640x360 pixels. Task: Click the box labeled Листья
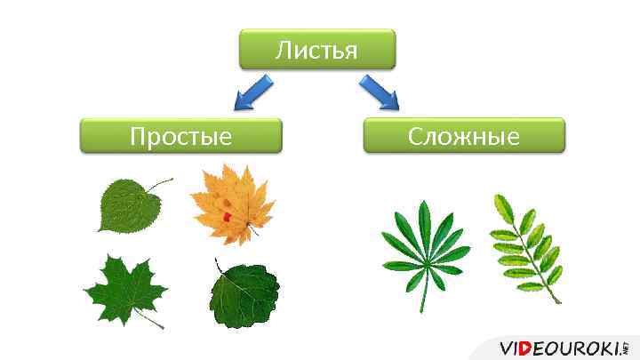[x=316, y=50]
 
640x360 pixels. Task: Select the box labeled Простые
[x=180, y=137]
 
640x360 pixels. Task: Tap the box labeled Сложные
[x=463, y=137]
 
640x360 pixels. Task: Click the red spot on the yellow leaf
[x=227, y=216]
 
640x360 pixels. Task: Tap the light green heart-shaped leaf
[x=124, y=205]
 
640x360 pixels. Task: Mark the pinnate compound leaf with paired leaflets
[x=526, y=244]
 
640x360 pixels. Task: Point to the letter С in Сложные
[x=415, y=137]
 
